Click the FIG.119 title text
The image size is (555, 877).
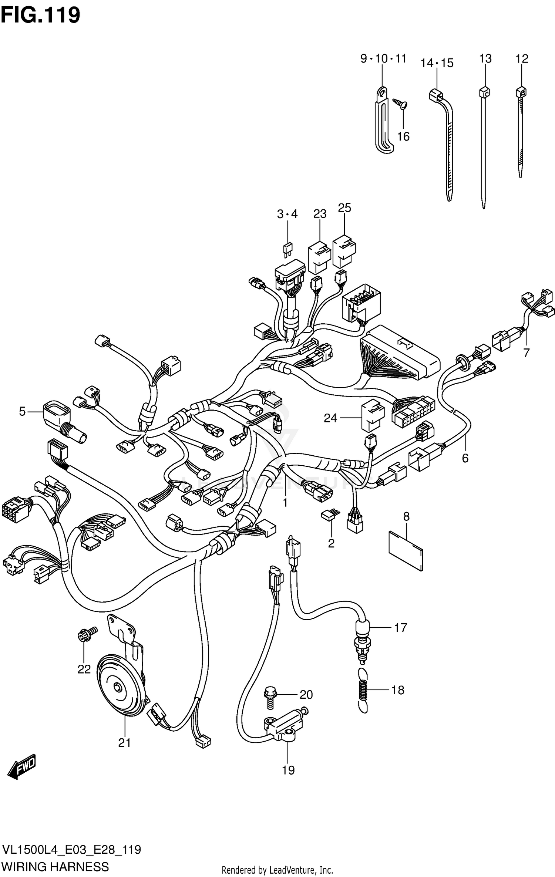tap(40, 16)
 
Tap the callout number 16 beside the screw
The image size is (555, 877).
tap(403, 136)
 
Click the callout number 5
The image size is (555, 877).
tap(22, 411)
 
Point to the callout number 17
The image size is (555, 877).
tap(400, 627)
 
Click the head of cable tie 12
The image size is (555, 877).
tap(521, 91)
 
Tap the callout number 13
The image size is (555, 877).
tap(485, 59)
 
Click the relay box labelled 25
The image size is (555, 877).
tap(344, 253)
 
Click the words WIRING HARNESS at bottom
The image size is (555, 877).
tap(55, 866)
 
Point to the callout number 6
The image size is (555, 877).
tap(465, 458)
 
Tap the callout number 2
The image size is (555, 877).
tap(331, 543)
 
